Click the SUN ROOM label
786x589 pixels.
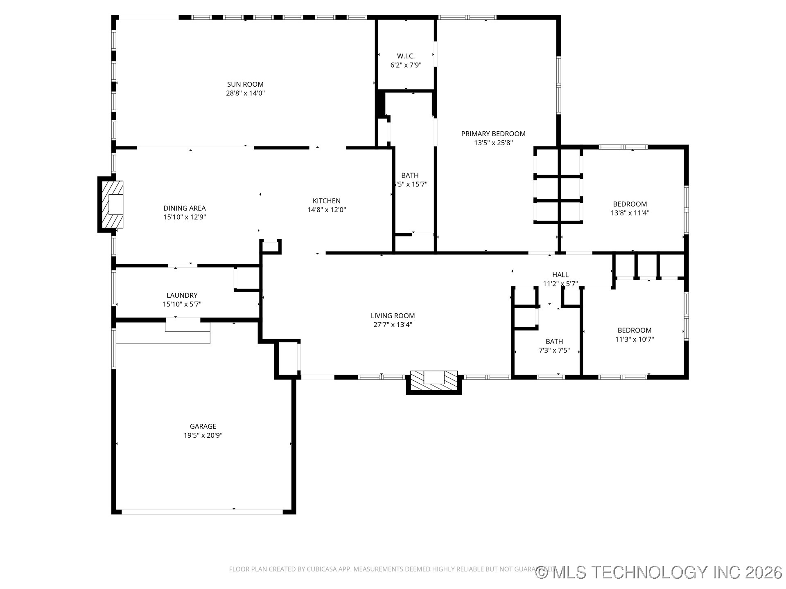(245, 84)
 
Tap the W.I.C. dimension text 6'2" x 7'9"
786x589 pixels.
(406, 65)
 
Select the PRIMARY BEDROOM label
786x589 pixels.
(493, 134)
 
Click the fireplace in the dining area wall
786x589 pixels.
(112, 205)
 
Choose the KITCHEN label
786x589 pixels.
(326, 201)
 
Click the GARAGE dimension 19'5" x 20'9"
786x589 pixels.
(203, 435)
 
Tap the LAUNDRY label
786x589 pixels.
(182, 295)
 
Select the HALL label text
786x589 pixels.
(560, 275)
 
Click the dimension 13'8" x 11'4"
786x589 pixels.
(630, 213)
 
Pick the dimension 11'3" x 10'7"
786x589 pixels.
(634, 339)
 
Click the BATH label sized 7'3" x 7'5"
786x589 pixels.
(554, 342)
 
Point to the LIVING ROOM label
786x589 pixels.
(393, 316)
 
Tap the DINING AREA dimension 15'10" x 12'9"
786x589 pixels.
(184, 217)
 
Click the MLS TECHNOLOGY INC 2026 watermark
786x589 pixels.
(659, 572)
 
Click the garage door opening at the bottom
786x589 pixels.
(202, 511)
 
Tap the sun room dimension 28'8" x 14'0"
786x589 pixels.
(245, 93)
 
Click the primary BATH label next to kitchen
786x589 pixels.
(410, 175)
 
